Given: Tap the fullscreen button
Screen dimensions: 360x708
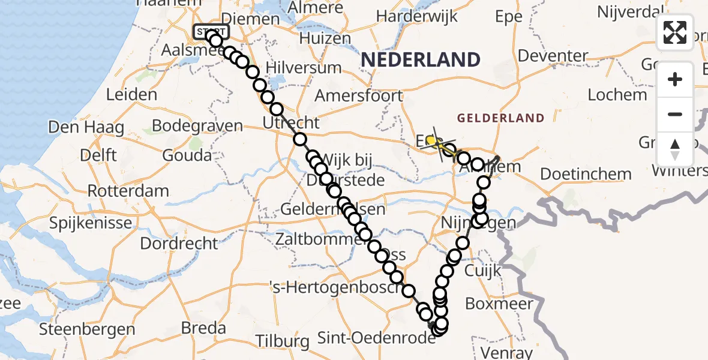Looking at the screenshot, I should tap(675, 32).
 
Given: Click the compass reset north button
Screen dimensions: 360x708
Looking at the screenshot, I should tap(675, 149).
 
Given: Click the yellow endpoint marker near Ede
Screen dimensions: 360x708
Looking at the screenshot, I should tap(431, 140).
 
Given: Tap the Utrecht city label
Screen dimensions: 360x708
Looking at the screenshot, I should tap(292, 123).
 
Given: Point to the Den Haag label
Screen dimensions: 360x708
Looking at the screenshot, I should tap(86, 127).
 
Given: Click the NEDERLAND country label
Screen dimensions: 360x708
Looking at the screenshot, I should tap(421, 59).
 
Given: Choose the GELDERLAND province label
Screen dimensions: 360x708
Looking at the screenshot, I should tap(500, 118).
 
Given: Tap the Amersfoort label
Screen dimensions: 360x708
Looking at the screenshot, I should tap(358, 95).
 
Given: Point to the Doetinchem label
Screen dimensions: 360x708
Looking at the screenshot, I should tap(586, 174).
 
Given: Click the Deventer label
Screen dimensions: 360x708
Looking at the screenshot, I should tap(553, 56).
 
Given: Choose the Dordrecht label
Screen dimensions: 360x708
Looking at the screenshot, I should tap(179, 243).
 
